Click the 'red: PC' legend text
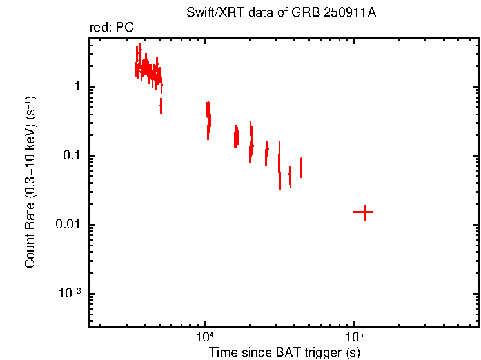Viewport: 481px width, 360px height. [111, 29]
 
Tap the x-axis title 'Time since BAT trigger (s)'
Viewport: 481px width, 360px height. [284, 352]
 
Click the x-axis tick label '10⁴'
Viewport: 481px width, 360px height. [204, 337]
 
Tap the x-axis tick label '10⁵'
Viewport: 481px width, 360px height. [353, 337]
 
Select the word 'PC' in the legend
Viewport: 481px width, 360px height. [125, 29]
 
